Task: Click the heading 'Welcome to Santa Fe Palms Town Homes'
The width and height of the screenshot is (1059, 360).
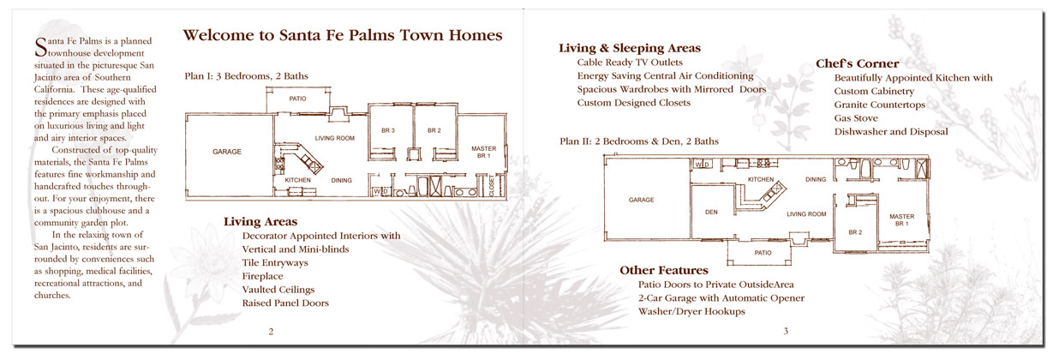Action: pyautogui.click(x=348, y=35)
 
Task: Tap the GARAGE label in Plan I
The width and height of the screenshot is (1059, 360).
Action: pyautogui.click(x=226, y=152)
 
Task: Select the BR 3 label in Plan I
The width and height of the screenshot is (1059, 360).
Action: pyautogui.click(x=387, y=130)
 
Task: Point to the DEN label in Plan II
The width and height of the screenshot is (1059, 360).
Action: pyautogui.click(x=711, y=212)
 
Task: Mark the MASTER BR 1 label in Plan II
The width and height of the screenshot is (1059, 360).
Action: pyautogui.click(x=900, y=219)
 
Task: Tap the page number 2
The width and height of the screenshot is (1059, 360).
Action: pyautogui.click(x=271, y=331)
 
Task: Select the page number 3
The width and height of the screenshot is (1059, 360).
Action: pyautogui.click(x=785, y=331)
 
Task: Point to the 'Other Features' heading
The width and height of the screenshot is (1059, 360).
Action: pyautogui.click(x=664, y=270)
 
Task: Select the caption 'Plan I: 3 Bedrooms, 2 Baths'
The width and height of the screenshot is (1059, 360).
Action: pyautogui.click(x=247, y=76)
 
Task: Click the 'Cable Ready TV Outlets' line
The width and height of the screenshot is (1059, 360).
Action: pyautogui.click(x=630, y=63)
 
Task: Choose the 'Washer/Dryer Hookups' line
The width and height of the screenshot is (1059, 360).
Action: pyautogui.click(x=691, y=312)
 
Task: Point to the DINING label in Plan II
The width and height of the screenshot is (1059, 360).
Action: pyautogui.click(x=816, y=179)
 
